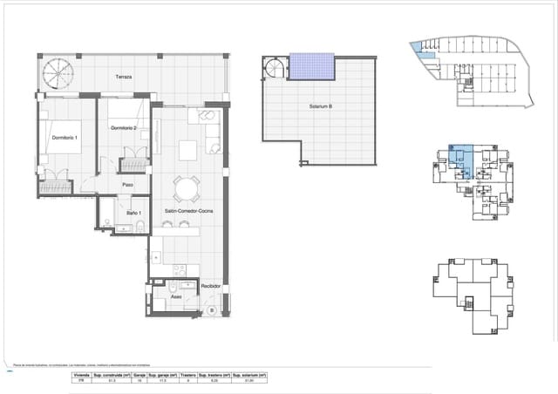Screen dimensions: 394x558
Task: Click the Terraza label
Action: point(123,78)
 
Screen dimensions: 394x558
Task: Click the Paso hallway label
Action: point(127,185)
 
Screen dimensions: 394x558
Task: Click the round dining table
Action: point(185,188)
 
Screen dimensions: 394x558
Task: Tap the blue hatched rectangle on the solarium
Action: point(311,65)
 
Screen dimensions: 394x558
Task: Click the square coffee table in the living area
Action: point(188,151)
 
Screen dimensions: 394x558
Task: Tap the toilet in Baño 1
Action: point(139,228)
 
